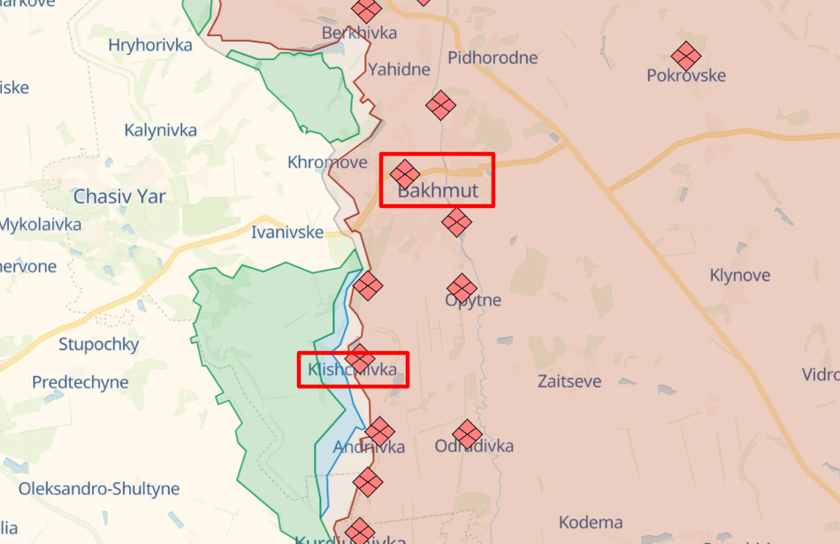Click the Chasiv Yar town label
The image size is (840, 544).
click(119, 196)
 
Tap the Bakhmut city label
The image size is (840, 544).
click(438, 191)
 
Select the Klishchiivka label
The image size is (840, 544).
click(353, 370)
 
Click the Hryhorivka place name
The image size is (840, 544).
click(150, 45)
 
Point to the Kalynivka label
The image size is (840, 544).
click(160, 130)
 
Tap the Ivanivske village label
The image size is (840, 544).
click(286, 233)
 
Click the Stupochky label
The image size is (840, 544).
click(99, 344)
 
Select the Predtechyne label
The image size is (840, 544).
click(80, 383)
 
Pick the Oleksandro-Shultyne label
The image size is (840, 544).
click(99, 488)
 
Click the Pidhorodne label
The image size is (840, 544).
click(493, 58)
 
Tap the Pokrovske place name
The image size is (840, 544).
click(686, 76)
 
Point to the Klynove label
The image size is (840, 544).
click(740, 275)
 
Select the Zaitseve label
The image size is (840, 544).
click(569, 381)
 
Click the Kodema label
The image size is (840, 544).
click(591, 522)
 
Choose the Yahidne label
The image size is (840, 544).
click(399, 69)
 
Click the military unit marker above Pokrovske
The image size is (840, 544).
click(685, 56)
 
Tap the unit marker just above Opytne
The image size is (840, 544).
click(462, 287)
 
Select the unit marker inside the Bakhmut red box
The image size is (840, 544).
click(405, 173)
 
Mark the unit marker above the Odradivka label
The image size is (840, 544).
click(467, 434)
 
